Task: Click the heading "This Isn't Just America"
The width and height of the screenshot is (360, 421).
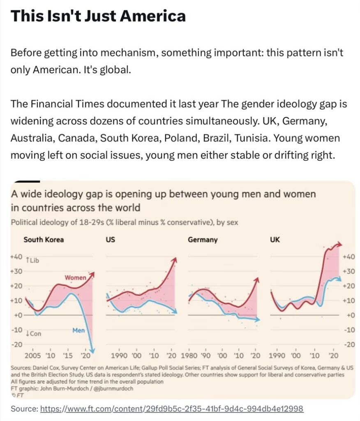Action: point(98,16)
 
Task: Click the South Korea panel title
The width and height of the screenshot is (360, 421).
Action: point(44,239)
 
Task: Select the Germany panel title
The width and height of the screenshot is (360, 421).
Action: point(203,239)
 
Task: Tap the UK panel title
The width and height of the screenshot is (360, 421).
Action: point(274,239)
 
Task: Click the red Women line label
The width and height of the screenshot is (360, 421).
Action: point(75,278)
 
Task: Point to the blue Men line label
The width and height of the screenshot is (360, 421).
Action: point(78,330)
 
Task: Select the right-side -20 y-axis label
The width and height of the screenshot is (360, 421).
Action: point(349,345)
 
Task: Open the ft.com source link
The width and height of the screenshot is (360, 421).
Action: point(172,409)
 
